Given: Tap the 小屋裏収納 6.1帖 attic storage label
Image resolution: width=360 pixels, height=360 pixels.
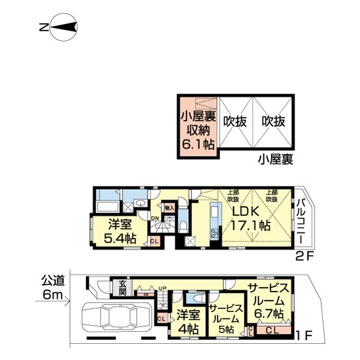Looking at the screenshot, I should [198, 127].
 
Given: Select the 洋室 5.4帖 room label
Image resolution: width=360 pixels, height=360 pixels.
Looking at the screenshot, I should [120, 231].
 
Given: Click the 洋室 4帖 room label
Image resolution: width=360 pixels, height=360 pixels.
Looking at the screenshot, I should [187, 322].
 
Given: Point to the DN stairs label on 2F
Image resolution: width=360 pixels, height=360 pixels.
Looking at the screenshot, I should [155, 218].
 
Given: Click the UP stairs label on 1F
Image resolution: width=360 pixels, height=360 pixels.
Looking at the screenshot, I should [161, 289].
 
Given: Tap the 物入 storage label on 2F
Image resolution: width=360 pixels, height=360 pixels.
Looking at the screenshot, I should [169, 208].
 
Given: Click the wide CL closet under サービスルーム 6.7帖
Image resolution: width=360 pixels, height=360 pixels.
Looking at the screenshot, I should [272, 330].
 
